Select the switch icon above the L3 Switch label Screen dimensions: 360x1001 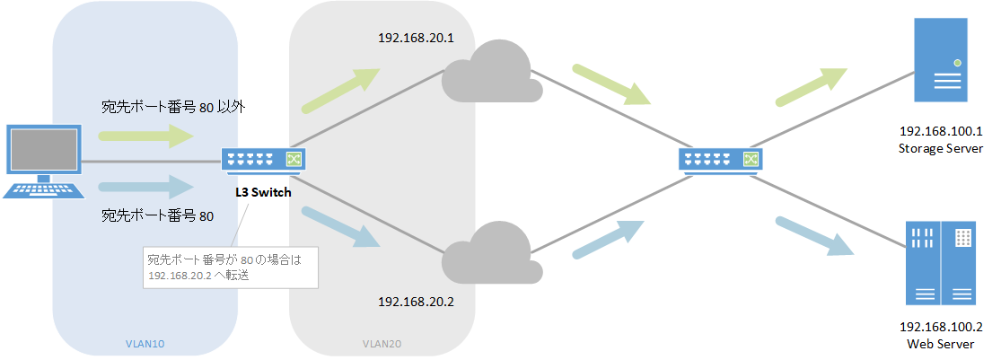[x=264, y=160]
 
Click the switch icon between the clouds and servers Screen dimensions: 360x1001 [x=721, y=160]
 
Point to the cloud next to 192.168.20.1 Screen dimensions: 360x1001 [x=490, y=71]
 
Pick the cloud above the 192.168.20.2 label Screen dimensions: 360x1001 [x=490, y=250]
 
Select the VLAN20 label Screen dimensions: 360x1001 [x=382, y=345]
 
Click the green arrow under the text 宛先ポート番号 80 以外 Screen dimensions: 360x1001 [x=145, y=136]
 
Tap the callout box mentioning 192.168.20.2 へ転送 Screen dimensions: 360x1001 [x=231, y=268]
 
